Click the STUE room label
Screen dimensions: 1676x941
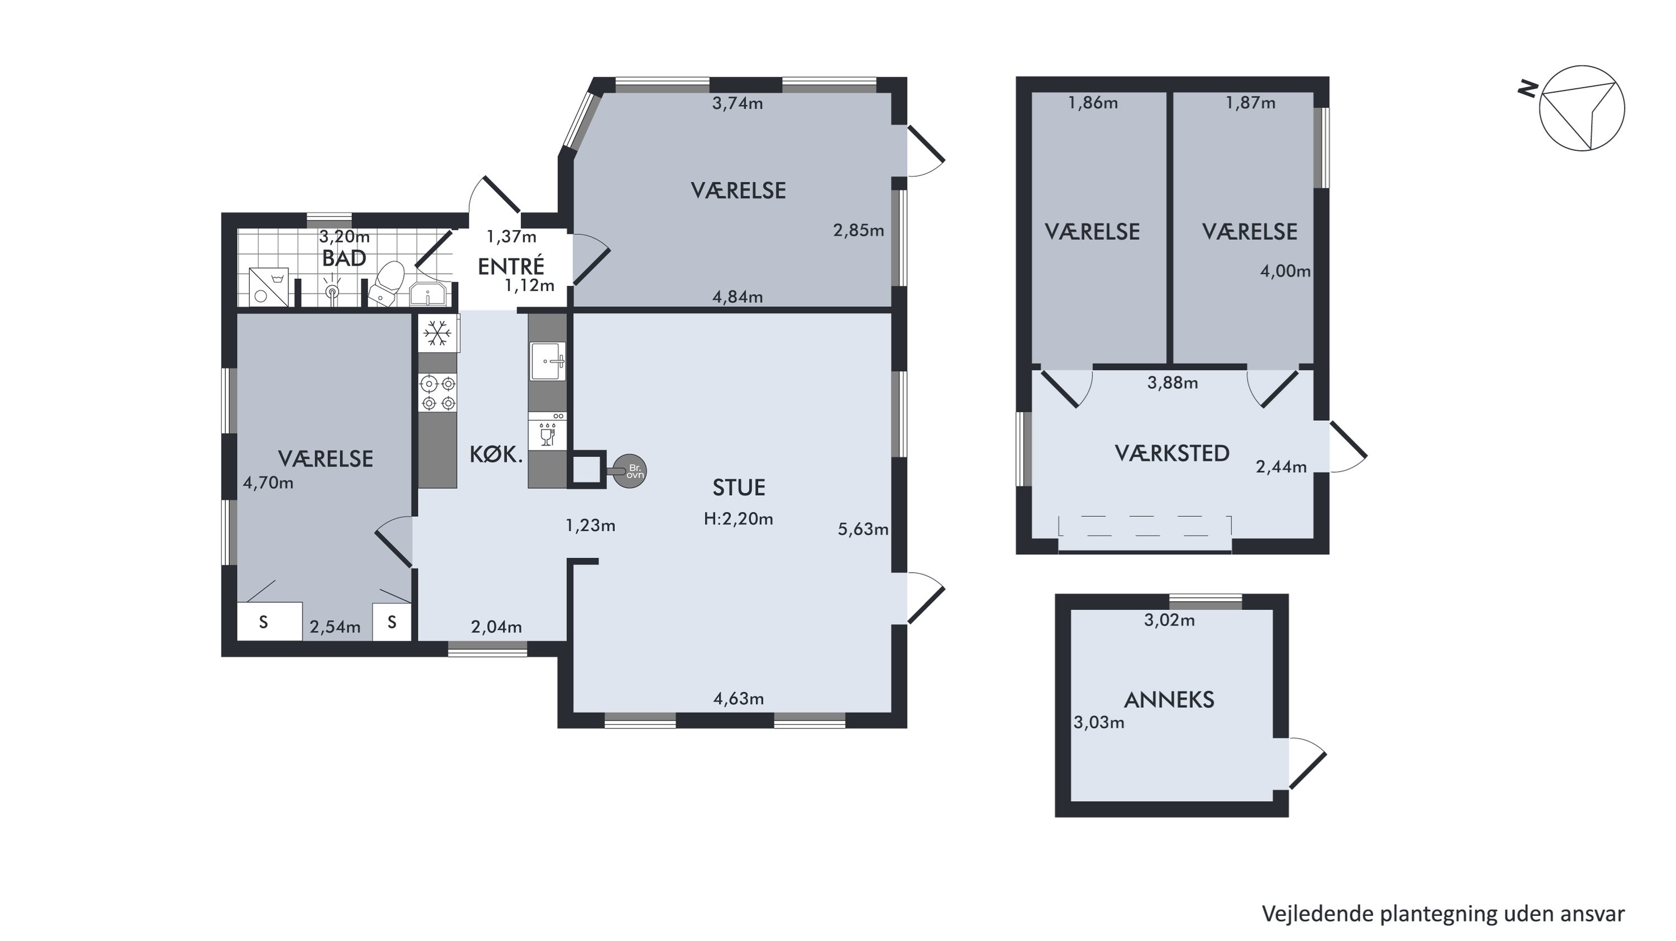(x=739, y=487)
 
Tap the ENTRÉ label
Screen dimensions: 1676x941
(x=511, y=266)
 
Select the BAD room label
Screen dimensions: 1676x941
(x=344, y=258)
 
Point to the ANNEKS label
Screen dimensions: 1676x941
(x=1169, y=700)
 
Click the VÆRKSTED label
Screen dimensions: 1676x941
(x=1172, y=453)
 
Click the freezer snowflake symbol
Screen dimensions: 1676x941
(x=438, y=333)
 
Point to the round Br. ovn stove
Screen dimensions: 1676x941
(x=630, y=470)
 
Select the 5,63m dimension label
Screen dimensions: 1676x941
(x=863, y=530)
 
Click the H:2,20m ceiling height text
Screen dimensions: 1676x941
(x=739, y=519)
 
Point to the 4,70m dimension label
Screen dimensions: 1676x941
(x=268, y=483)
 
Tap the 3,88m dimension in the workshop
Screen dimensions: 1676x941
(x=1173, y=383)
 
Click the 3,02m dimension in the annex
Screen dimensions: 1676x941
(x=1170, y=620)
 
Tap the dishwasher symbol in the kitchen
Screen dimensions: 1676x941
(x=547, y=430)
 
